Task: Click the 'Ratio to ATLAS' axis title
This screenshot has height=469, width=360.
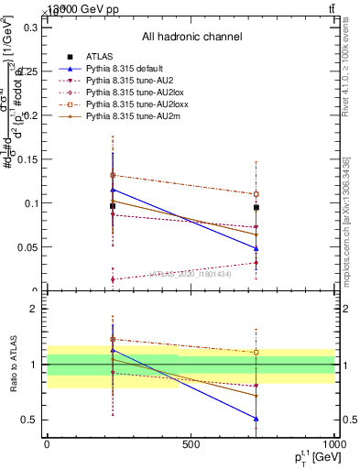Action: point(13,364)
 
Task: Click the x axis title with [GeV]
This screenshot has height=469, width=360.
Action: point(310,458)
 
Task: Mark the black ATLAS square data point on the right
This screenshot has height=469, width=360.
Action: point(256,208)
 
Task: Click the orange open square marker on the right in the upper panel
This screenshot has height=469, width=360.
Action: point(256,194)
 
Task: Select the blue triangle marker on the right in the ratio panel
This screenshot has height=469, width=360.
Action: point(256,419)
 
